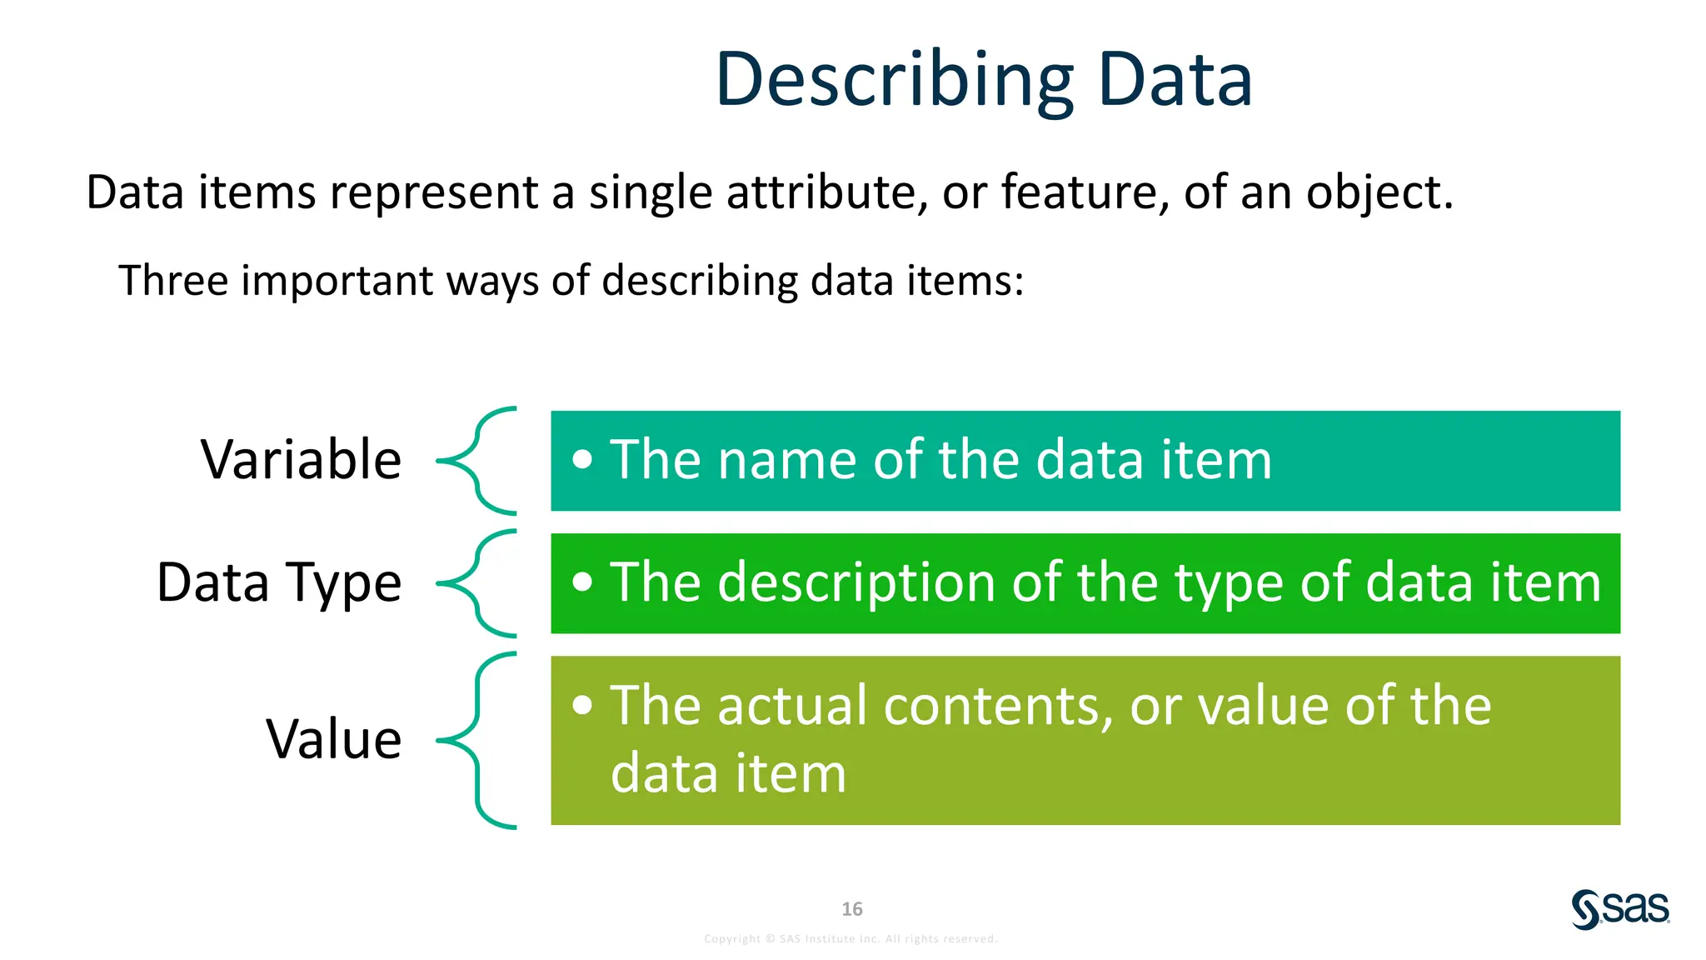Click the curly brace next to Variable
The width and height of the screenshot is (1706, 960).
[477, 460]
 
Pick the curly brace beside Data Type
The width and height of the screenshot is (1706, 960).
[477, 582]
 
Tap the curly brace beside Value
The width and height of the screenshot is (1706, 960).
[477, 740]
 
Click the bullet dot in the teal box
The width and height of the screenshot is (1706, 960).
[583, 459]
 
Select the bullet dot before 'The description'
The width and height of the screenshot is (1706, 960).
[583, 582]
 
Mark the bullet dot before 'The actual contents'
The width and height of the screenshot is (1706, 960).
[583, 705]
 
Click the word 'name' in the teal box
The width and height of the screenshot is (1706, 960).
[786, 460]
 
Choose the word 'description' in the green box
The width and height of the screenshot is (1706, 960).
[857, 582]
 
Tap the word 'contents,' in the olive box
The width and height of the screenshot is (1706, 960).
[998, 707]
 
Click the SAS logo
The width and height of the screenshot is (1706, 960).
[1620, 908]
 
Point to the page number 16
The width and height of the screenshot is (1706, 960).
[851, 909]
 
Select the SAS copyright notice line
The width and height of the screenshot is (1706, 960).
[851, 939]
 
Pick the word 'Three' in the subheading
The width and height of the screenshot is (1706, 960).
[172, 280]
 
